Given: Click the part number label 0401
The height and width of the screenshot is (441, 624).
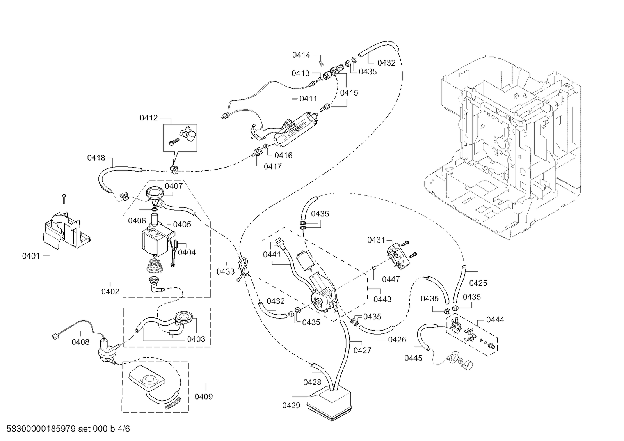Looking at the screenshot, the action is tap(31, 255).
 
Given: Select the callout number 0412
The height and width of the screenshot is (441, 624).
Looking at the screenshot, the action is tap(149, 118).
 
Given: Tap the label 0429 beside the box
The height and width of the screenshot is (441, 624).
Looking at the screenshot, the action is tap(291, 406).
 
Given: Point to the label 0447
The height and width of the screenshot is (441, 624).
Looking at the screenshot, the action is tap(391, 279).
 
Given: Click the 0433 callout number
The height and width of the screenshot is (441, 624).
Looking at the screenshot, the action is tap(226, 271).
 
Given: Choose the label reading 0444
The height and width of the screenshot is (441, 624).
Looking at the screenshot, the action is tap(495, 320).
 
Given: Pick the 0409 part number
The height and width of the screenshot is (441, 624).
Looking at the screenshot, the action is tap(204, 397).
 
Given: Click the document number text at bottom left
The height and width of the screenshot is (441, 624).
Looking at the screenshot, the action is tap(68, 429).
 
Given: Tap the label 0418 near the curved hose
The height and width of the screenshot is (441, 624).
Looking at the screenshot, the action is tap(96, 158).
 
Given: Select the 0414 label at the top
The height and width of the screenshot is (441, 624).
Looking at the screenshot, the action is tap(301, 55).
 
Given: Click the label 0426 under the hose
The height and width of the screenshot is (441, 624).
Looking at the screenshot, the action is tap(397, 339).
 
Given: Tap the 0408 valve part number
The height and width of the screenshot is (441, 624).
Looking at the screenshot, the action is tap(80, 342).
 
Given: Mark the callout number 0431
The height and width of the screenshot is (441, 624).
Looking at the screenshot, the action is tap(376, 240).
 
